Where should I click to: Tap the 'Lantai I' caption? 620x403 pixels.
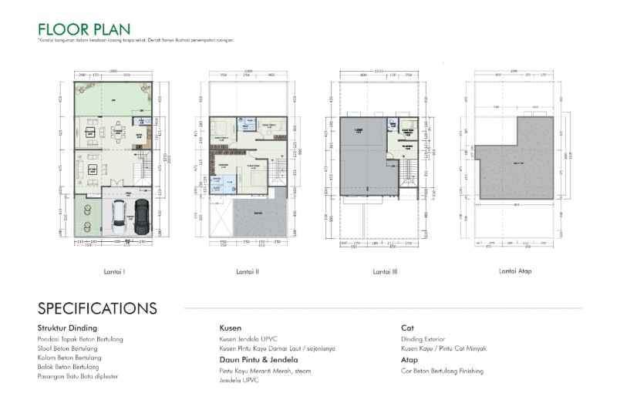pyautogui.click(x=114, y=271)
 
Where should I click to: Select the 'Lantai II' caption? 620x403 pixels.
pyautogui.click(x=247, y=271)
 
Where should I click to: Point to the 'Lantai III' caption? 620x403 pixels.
pyautogui.click(x=385, y=271)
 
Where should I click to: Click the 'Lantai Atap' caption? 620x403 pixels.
pyautogui.click(x=515, y=271)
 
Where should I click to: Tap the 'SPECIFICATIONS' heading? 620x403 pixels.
pyautogui.click(x=97, y=309)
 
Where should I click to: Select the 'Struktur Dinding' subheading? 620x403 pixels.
pyautogui.click(x=67, y=328)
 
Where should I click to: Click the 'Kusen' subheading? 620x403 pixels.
pyautogui.click(x=231, y=328)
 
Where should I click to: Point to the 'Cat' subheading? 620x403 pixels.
pyautogui.click(x=408, y=328)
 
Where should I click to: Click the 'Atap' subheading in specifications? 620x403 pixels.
pyautogui.click(x=409, y=360)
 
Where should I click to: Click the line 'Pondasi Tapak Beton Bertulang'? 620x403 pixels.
pyautogui.click(x=80, y=339)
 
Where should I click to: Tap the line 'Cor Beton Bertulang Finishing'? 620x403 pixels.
pyautogui.click(x=442, y=371)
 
